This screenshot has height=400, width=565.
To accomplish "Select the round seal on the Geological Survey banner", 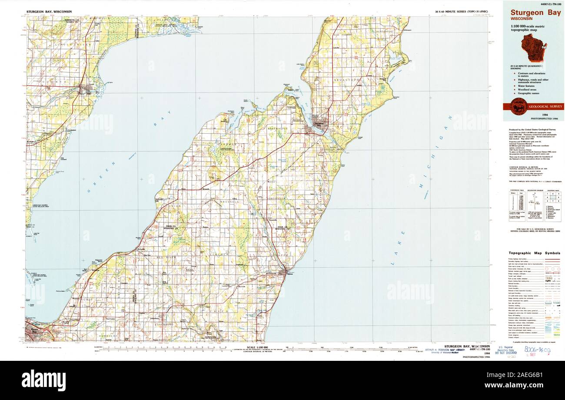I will tap(518, 106).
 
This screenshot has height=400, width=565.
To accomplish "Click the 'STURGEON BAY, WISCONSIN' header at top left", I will tap(49, 11).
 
